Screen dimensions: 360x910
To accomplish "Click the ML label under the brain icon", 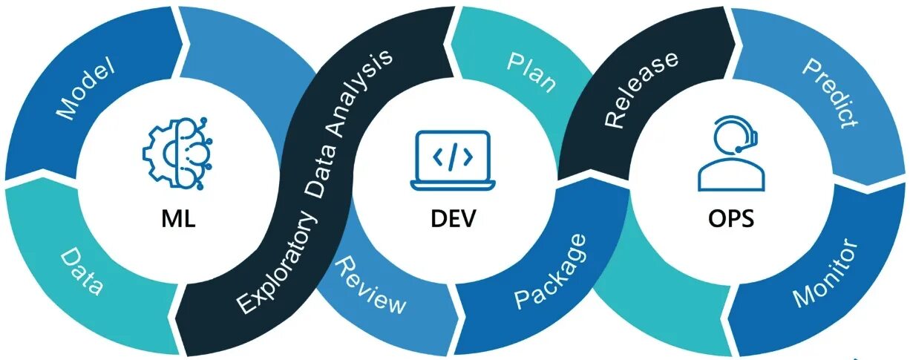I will [x=178, y=220].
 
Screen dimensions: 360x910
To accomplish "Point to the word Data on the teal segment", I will [x=81, y=272].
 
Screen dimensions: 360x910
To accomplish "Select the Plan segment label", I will [x=531, y=73].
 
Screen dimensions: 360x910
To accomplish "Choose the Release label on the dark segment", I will [x=641, y=89].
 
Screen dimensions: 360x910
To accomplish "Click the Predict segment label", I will [x=830, y=94].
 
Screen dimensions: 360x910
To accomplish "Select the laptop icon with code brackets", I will [x=451, y=159].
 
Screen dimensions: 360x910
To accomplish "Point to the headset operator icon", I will [x=730, y=157].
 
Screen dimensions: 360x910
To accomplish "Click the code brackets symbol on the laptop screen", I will [x=451, y=157].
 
